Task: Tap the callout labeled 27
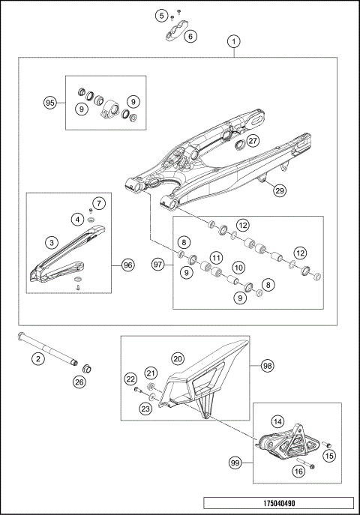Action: [x=253, y=140]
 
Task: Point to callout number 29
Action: [x=279, y=190]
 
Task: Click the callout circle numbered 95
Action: [x=50, y=103]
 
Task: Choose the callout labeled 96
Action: [x=127, y=265]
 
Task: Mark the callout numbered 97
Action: [x=157, y=265]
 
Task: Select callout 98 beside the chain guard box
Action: [x=267, y=366]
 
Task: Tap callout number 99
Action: [x=236, y=464]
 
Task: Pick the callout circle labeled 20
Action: [x=178, y=358]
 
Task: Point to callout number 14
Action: [x=277, y=421]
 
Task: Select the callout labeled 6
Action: [x=190, y=35]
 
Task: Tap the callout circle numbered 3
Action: [x=51, y=242]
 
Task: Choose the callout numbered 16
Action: [x=297, y=472]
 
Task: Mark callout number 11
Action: [x=215, y=258]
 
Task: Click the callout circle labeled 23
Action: [x=144, y=409]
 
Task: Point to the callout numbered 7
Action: [x=99, y=203]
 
